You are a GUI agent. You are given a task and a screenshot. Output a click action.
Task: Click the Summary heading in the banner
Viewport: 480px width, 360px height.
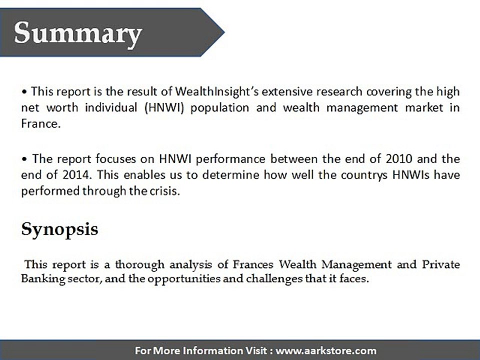coord(78,33)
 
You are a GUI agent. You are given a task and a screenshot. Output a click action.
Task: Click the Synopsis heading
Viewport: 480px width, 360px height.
coord(59,229)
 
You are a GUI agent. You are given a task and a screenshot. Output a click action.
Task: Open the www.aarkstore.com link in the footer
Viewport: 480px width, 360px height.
coord(326,350)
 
